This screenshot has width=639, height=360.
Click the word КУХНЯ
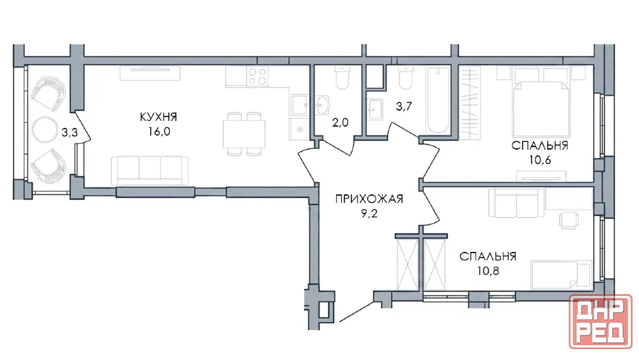pyautogui.click(x=158, y=117)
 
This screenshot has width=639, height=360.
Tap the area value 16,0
pyautogui.click(x=159, y=131)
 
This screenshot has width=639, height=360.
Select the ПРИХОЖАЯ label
pyautogui.click(x=369, y=199)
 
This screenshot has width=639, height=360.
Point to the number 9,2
pyautogui.click(x=369, y=213)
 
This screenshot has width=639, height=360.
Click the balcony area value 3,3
pyautogui.click(x=70, y=132)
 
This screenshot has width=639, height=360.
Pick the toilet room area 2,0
pyautogui.click(x=341, y=122)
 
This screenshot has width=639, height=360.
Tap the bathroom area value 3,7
pyautogui.click(x=404, y=106)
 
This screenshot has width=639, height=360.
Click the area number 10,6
pyautogui.click(x=540, y=160)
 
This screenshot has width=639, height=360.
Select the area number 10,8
pyautogui.click(x=488, y=270)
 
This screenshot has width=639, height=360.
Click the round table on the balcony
pyautogui.click(x=45, y=130)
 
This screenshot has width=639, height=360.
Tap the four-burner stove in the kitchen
pyautogui.click(x=257, y=76)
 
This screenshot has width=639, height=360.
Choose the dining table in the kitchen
pyautogui.click(x=244, y=134)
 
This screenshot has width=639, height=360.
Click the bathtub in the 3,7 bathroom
pyautogui.click(x=438, y=100)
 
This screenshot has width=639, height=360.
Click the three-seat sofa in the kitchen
pyautogui.click(x=150, y=171)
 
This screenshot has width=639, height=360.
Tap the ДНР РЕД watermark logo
pyautogui.click(x=601, y=322)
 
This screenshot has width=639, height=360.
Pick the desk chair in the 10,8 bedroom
pyautogui.click(x=569, y=221)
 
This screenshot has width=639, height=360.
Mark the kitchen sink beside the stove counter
pyautogui.click(x=300, y=105)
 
